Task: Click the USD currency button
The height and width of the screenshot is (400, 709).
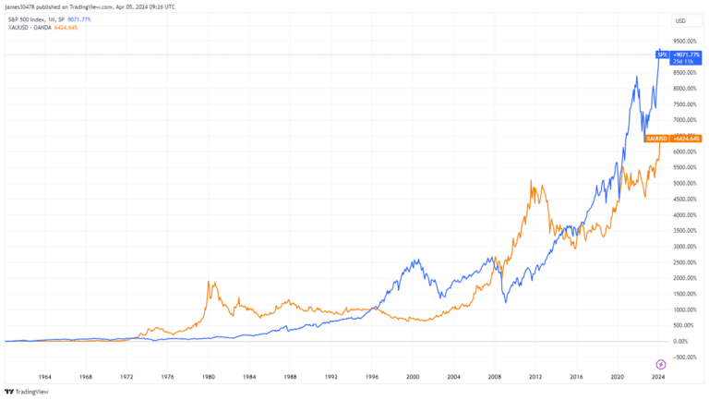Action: tap(680, 20)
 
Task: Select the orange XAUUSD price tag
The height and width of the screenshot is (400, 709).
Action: tap(673, 139)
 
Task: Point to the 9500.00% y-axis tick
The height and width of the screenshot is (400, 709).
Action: tap(683, 42)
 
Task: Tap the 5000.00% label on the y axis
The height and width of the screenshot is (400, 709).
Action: tap(683, 183)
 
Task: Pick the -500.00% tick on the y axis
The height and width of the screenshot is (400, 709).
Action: tap(681, 357)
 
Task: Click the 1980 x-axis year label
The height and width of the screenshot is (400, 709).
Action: tap(209, 377)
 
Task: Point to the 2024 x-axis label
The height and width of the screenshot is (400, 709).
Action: tap(658, 377)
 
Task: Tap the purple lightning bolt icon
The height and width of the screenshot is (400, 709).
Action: tap(661, 363)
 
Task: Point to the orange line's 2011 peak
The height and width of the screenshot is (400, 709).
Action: tap(532, 182)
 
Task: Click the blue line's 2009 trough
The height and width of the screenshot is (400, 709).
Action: tap(506, 302)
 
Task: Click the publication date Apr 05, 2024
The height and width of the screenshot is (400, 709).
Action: tap(150, 6)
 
